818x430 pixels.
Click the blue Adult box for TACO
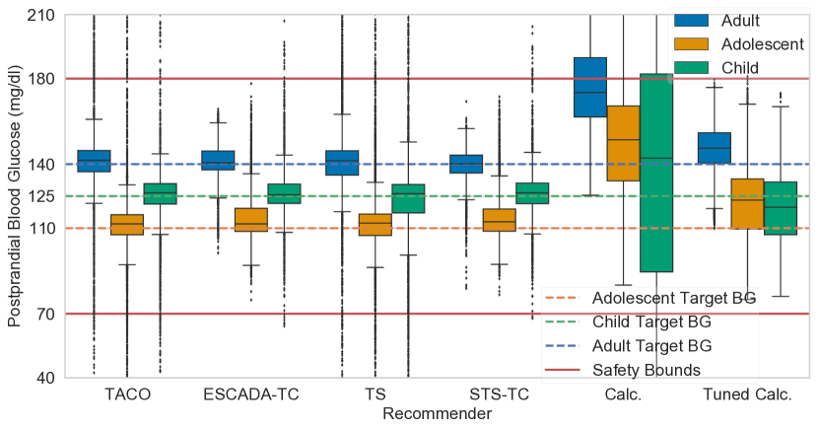tap(94, 161)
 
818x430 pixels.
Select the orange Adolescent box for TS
tap(375, 225)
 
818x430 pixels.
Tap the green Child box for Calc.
tap(655, 173)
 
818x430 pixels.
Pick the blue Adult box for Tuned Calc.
tap(714, 148)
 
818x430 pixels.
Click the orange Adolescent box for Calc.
tap(623, 143)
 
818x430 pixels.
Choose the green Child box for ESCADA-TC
tap(283, 193)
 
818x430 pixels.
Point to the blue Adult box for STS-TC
tap(466, 164)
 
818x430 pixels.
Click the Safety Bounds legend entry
tap(646, 370)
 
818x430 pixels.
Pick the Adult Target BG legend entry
tap(650, 346)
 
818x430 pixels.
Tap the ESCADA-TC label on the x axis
tap(250, 395)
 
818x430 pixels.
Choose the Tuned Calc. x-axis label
tap(747, 395)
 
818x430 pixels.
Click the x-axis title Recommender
tap(437, 415)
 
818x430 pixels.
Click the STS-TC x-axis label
tap(499, 395)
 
